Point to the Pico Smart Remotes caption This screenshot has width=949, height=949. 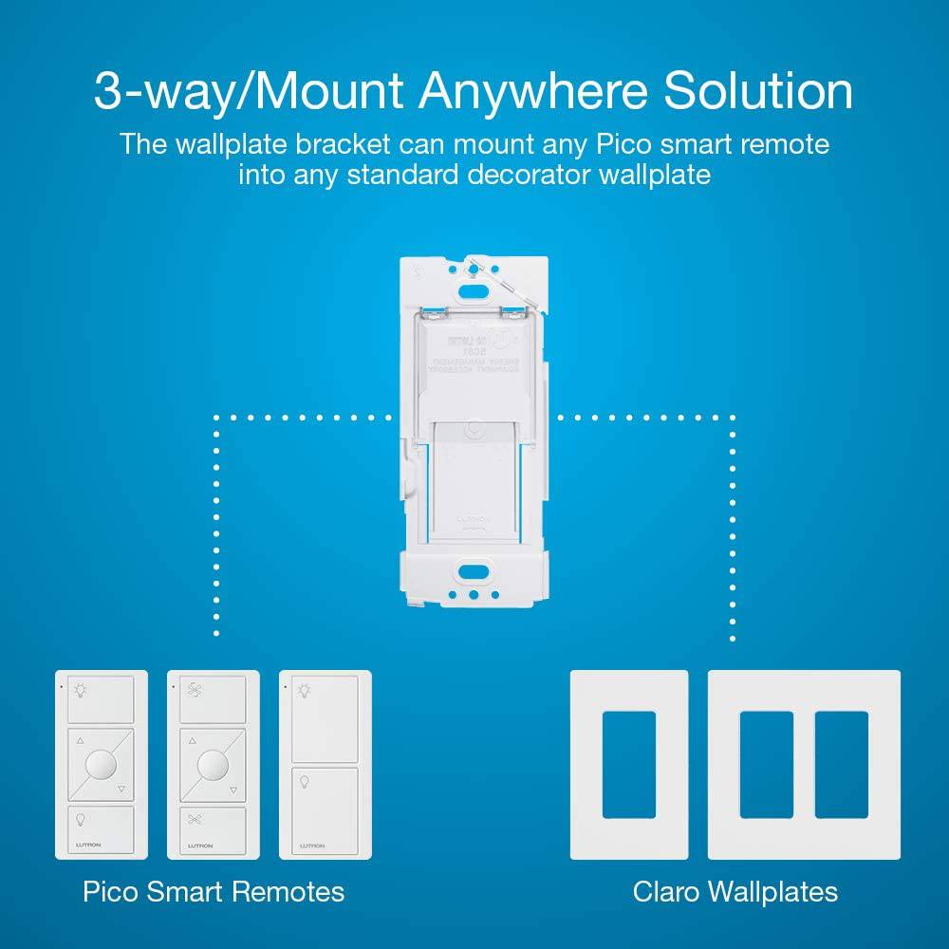point(213,892)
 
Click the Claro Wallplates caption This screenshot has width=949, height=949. point(735,892)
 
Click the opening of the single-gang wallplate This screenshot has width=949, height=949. point(628,765)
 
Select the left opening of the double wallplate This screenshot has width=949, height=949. point(765,765)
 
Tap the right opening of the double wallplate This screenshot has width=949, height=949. point(841,765)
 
